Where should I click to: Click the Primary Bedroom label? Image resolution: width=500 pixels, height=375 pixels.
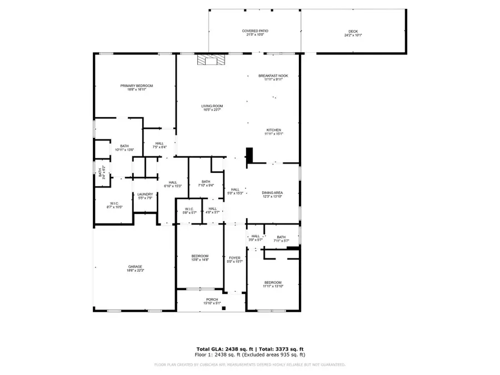tap(137, 86)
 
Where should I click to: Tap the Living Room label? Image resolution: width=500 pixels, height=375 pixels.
tap(212, 106)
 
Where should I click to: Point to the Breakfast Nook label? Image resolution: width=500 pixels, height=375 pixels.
tap(273, 76)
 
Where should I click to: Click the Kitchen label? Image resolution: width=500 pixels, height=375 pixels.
tap(273, 130)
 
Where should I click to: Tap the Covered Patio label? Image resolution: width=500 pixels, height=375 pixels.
tap(255, 31)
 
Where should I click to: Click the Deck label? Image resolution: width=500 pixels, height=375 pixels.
tap(353, 31)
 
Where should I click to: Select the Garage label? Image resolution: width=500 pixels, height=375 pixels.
tap(135, 267)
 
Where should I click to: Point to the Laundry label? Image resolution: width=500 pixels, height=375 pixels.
tap(145, 194)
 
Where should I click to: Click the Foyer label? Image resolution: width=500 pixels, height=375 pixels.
tap(234, 258)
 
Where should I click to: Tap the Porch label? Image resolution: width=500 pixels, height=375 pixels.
tap(212, 299)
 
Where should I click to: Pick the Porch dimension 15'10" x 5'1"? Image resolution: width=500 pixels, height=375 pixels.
tap(212, 303)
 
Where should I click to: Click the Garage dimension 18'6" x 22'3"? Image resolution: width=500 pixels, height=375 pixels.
tap(135, 271)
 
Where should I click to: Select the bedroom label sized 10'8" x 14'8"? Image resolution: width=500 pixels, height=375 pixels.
tap(199, 256)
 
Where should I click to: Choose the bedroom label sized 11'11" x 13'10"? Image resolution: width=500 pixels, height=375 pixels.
tap(273, 282)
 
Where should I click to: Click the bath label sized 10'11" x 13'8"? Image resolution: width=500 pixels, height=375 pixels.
tap(124, 146)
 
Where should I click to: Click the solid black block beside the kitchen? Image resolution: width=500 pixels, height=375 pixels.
tap(249, 155)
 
